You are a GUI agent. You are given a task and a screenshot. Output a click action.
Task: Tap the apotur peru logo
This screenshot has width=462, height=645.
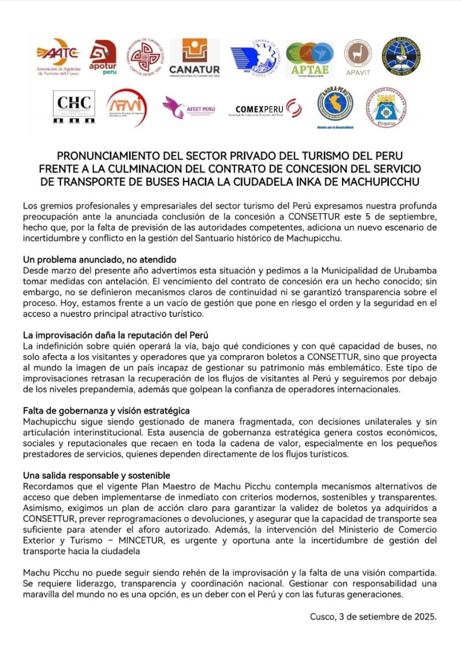[102, 58]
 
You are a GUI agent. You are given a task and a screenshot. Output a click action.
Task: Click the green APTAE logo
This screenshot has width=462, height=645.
[310, 58]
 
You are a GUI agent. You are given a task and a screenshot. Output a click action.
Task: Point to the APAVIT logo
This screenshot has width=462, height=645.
[357, 57]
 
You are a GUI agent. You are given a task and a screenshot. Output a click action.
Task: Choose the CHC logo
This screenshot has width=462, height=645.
[74, 107]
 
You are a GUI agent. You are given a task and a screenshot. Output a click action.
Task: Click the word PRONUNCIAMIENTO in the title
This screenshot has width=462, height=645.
[114, 156]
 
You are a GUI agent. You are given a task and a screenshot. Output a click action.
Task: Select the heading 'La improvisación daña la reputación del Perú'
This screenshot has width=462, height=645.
[115, 335]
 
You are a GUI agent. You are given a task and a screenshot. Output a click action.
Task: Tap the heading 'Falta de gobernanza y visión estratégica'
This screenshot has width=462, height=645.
[106, 411]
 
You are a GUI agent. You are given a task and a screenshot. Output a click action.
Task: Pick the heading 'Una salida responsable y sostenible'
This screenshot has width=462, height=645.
[96, 475]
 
